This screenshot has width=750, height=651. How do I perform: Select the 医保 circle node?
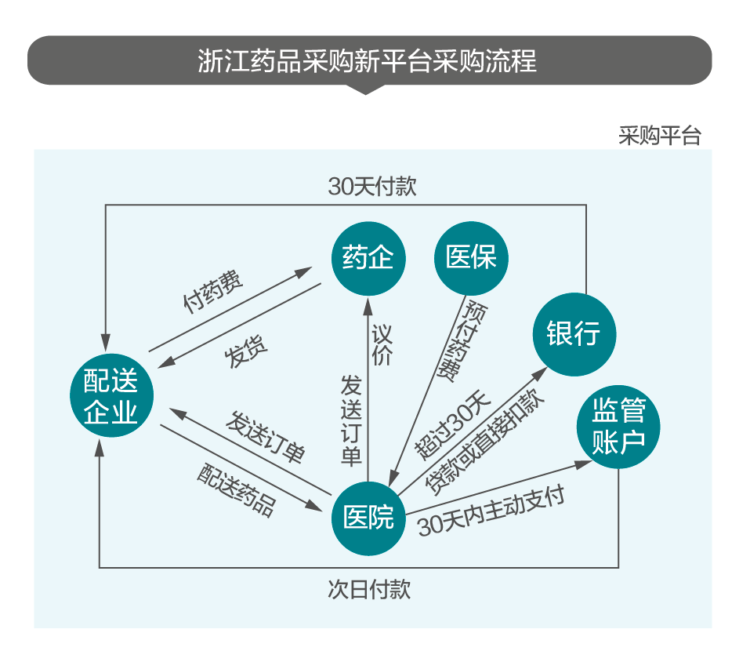pos(472,257)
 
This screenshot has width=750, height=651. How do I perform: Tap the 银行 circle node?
pos(573,333)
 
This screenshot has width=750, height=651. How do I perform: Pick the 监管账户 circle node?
pos(618,427)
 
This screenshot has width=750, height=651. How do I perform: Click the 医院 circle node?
pos(368,517)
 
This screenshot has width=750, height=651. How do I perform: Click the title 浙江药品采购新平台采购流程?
pos(368,60)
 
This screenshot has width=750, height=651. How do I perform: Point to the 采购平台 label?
pos(659,136)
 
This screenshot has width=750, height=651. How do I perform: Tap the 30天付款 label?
pos(371,187)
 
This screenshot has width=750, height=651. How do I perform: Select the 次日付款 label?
pos(368,589)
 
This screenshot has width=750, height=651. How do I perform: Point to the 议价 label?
pos(382,345)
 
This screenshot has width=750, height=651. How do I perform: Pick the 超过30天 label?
pos(452,424)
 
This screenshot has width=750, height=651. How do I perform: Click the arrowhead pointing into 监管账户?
pos(583,464)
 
